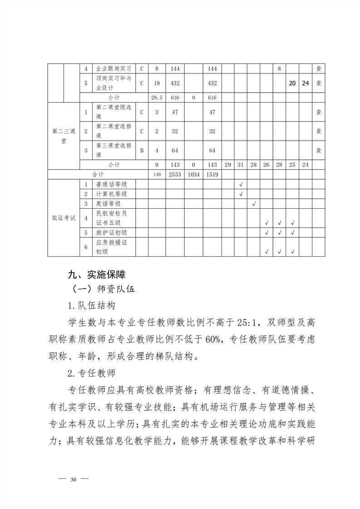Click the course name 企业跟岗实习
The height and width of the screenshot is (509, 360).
tap(114, 69)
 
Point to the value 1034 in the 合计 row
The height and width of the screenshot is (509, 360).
tap(194, 174)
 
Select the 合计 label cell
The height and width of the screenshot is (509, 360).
tap(98, 174)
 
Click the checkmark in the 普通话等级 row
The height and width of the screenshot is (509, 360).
tap(241, 184)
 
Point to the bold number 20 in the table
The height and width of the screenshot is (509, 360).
tap(292, 83)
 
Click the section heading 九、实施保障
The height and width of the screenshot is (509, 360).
tap(96, 274)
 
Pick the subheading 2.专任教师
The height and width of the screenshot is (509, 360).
tap(91, 373)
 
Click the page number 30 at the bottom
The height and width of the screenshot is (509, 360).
tap(74, 480)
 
